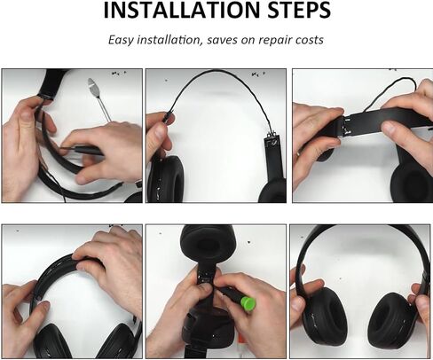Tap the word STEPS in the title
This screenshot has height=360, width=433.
point(289,12)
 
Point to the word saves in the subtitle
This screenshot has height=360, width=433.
point(239,41)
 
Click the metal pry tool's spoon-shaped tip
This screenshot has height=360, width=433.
point(93,86)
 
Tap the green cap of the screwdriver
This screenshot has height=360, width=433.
point(251,303)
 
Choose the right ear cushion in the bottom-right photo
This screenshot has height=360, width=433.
point(392,321)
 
